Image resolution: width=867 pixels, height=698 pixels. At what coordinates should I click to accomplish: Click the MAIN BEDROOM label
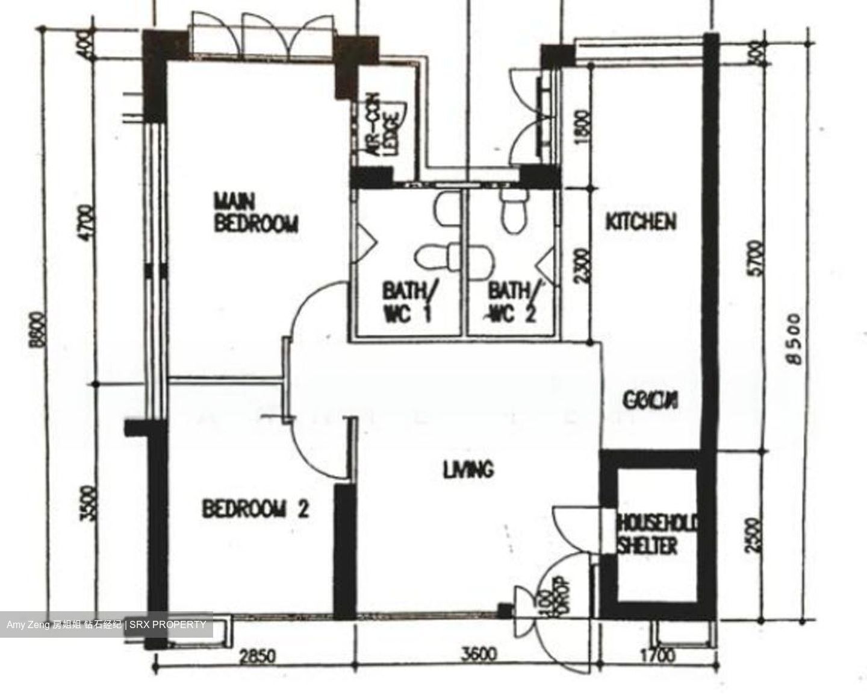pos(256,212)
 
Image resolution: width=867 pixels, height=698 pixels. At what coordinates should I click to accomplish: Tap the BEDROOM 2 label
pos(255,509)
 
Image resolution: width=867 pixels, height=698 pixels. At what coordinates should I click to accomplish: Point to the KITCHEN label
pos(641,221)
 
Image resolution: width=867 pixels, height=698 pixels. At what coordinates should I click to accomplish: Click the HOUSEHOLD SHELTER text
pos(656,534)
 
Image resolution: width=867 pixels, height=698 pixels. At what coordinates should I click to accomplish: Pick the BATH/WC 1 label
pos(408,303)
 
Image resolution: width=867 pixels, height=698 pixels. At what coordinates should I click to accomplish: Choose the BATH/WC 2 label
pos(511,303)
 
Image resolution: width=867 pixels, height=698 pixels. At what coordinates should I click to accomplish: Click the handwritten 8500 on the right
pos(795,338)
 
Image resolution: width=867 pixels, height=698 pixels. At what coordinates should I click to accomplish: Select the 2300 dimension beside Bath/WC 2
pos(581,266)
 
